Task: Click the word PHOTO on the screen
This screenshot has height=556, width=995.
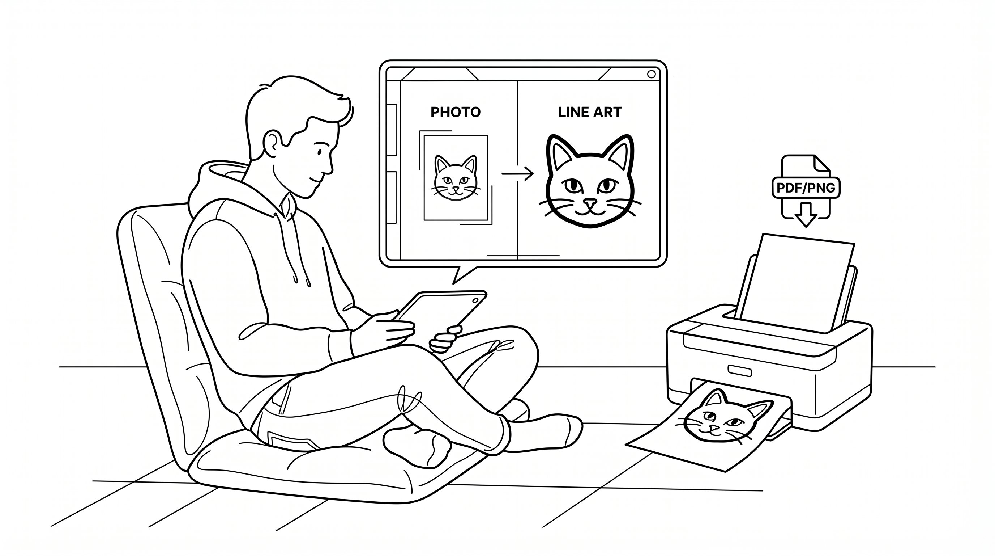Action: point(456,112)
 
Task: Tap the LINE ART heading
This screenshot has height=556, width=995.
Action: point(589,112)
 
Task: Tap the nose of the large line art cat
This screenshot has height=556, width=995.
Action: point(590,203)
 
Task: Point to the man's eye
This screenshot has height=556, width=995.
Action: point(319,152)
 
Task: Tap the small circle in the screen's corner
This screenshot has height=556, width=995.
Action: point(651,74)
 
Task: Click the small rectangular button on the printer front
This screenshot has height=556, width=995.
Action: point(739,371)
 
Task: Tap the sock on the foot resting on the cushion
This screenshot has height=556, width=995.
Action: point(417,447)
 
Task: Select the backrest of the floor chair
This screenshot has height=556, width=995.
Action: point(162,309)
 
